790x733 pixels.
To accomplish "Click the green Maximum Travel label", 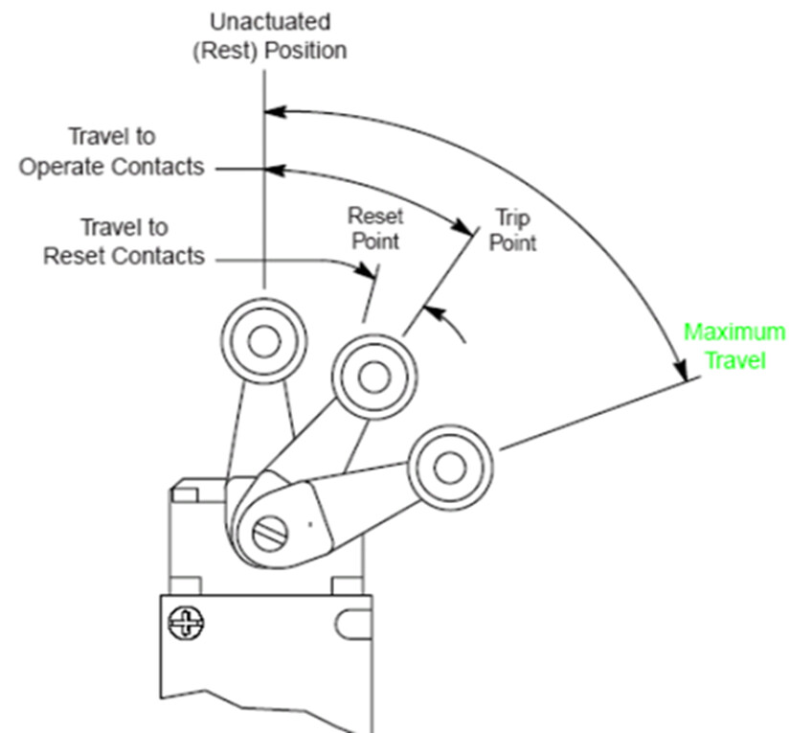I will [x=734, y=347].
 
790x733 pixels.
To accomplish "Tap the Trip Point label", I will [x=512, y=229].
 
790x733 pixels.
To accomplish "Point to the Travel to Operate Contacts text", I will [x=111, y=151].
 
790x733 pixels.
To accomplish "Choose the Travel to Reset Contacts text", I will [x=124, y=241].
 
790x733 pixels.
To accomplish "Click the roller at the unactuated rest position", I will [x=263, y=340].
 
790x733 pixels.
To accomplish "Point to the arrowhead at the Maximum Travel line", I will [x=682, y=370].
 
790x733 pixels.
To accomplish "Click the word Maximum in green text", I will [x=734, y=332].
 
